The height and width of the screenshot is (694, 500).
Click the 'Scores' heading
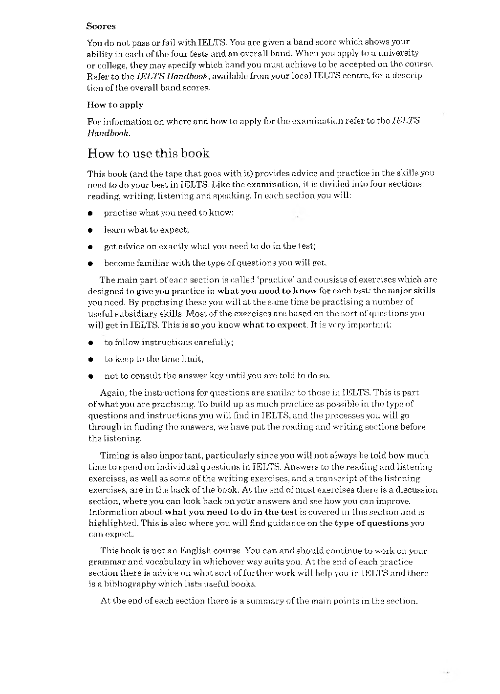tap(101, 26)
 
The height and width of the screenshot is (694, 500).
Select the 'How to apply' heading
tap(115, 105)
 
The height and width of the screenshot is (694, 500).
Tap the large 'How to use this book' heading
tap(148, 153)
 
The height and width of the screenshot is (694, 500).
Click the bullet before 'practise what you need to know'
tap(90, 214)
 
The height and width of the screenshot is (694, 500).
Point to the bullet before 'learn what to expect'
tap(90, 230)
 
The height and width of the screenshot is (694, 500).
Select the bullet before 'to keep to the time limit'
tap(90, 359)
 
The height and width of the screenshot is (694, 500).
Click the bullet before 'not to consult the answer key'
tap(90, 376)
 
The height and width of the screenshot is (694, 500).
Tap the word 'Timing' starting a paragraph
tap(113, 455)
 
